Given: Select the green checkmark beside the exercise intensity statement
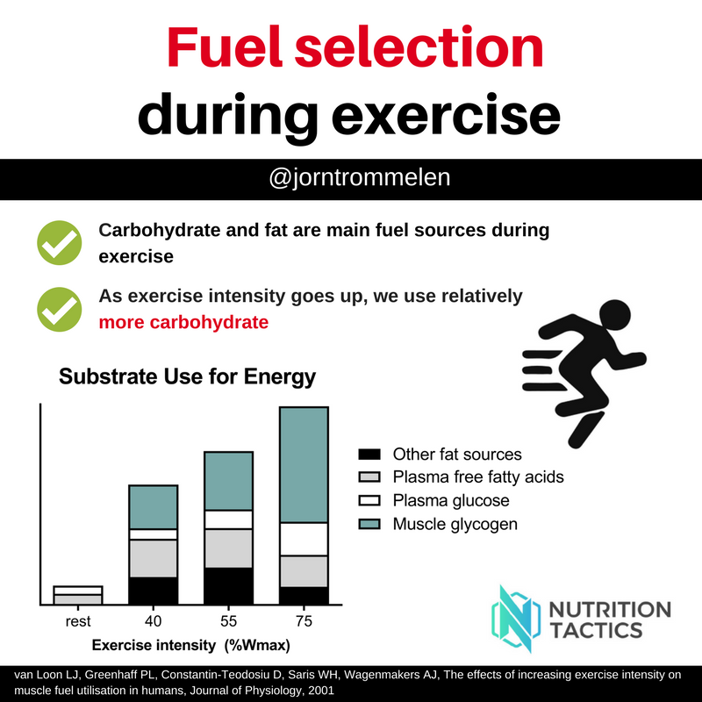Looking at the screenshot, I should coord(58,307).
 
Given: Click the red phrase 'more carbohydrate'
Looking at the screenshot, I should coord(183,322).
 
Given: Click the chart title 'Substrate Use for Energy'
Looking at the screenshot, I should coord(187,378).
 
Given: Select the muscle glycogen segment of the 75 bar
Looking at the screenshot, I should coord(304,464).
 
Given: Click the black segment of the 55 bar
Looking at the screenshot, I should coord(228,586).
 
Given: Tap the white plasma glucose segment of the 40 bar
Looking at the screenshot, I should coord(154,534).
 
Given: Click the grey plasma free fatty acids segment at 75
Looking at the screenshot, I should coord(304,571).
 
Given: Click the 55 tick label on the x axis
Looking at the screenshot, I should coord(228,622).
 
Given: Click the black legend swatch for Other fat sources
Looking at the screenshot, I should coord(369,455).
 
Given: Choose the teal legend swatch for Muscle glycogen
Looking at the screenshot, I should coord(369,525).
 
